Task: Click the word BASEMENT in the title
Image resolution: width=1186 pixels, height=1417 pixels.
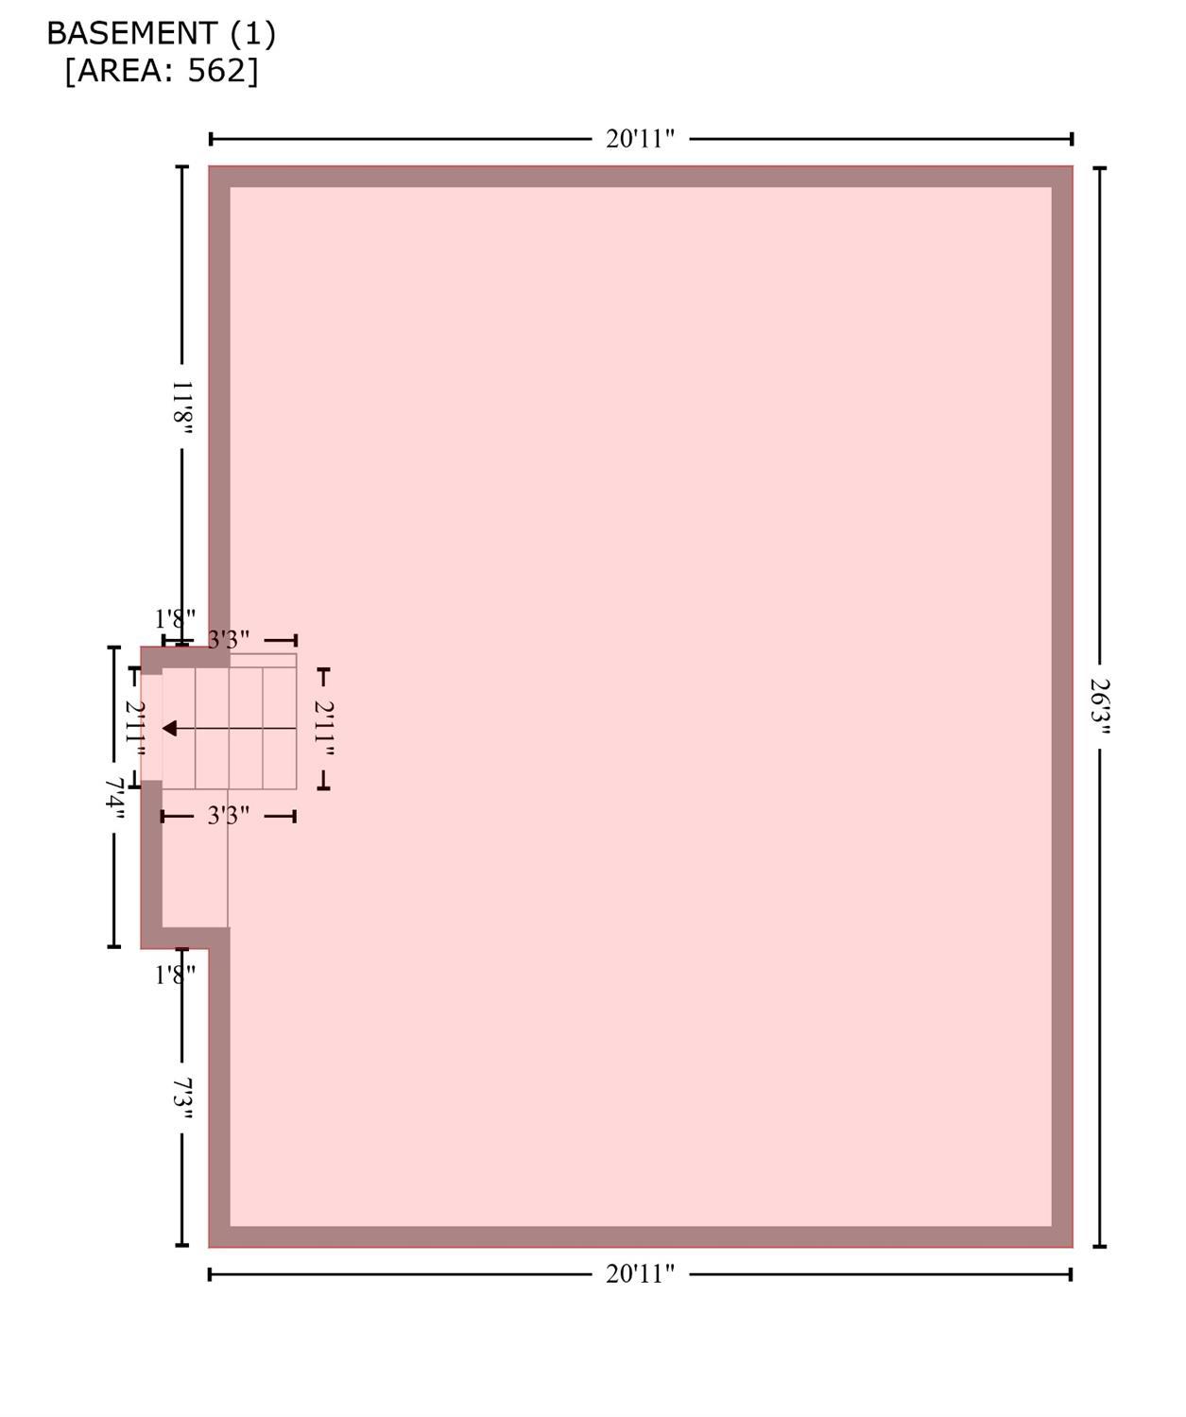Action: pos(132,33)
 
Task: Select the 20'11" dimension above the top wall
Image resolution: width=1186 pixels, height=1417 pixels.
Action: pos(640,139)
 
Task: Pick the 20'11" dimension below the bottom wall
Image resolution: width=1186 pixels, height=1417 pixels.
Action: pos(640,1274)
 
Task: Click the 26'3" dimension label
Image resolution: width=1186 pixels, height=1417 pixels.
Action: pos(1100,706)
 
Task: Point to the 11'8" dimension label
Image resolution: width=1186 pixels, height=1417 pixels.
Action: pos(181,407)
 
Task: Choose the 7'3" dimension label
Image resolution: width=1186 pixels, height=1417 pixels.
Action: pos(181,1101)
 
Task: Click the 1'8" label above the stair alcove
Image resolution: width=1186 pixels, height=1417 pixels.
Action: pos(175,619)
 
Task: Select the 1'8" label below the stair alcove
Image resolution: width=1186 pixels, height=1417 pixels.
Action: pos(175,976)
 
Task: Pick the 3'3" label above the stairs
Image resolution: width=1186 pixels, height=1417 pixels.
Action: pos(228,639)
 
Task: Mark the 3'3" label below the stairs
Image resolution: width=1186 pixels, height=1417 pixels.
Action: pos(228,815)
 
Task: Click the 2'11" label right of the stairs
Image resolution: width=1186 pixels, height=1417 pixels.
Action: pos(323,728)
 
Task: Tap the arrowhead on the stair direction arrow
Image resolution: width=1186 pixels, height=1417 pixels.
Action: pos(169,728)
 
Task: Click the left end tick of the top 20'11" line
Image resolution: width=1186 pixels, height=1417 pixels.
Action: pos(211,139)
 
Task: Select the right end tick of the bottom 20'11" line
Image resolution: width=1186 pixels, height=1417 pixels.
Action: pos(1070,1274)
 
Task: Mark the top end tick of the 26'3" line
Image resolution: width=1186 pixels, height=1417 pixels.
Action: pos(1100,168)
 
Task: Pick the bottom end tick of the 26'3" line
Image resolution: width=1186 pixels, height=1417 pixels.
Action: pos(1100,1247)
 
